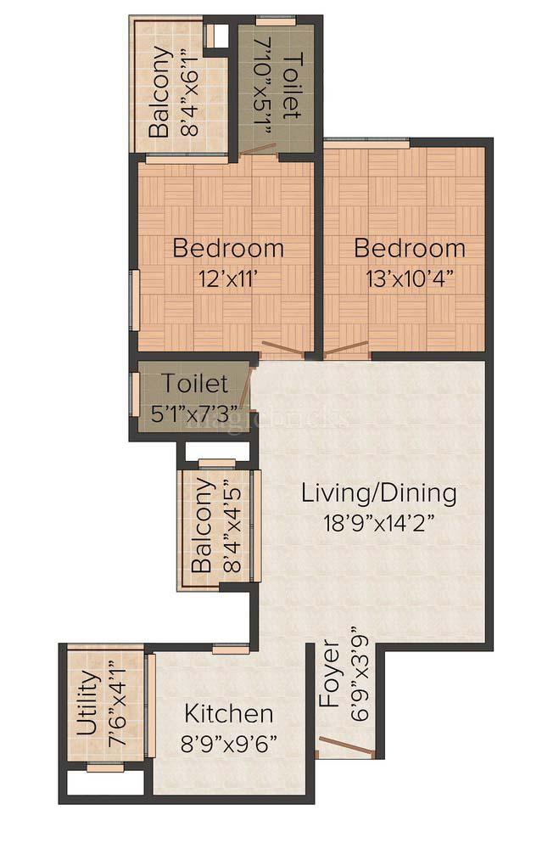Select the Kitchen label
(x=229, y=713)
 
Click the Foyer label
(x=329, y=676)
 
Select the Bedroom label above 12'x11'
(x=227, y=249)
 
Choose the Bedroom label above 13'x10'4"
(x=410, y=249)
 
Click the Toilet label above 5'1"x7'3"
(x=196, y=384)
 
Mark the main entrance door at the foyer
(x=345, y=747)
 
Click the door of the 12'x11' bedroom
(x=281, y=347)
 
